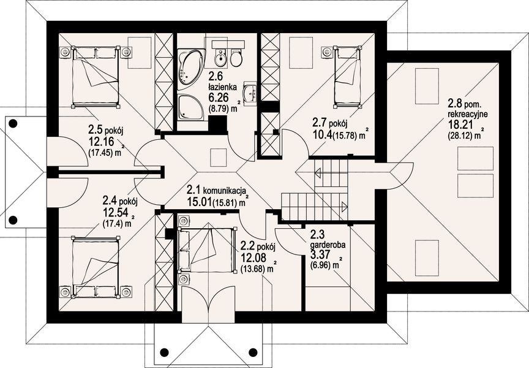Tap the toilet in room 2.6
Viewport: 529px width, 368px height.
click(x=236, y=58)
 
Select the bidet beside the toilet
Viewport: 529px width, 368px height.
click(x=220, y=58)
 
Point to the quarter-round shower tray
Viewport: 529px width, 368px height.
click(x=190, y=107)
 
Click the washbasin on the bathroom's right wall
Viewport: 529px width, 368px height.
click(x=250, y=91)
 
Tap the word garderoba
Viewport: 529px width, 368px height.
click(x=327, y=245)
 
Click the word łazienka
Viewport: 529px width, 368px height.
click(x=222, y=87)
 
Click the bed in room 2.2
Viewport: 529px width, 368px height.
click(x=206, y=250)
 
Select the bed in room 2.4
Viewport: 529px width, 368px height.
click(x=96, y=267)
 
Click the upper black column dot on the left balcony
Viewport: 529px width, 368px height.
click(x=13, y=124)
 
